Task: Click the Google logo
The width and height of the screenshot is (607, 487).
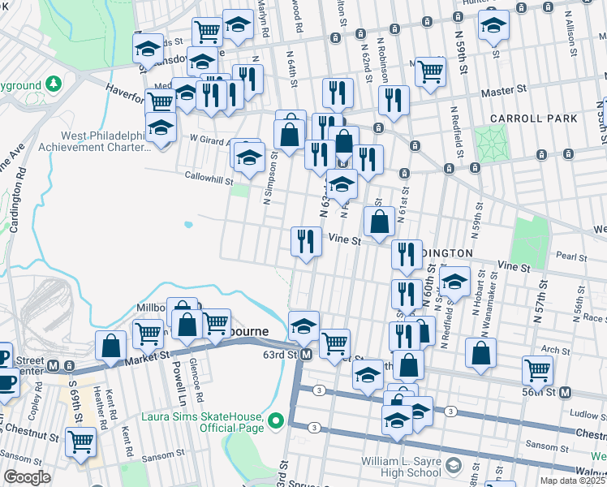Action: tap(27, 477)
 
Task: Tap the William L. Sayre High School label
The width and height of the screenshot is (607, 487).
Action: tap(402, 467)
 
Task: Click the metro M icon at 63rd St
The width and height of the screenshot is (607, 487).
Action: tap(306, 356)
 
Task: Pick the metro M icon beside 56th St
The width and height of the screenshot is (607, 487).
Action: tap(566, 392)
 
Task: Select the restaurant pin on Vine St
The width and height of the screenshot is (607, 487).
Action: tap(305, 240)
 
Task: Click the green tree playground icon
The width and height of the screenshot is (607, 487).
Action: tap(54, 84)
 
